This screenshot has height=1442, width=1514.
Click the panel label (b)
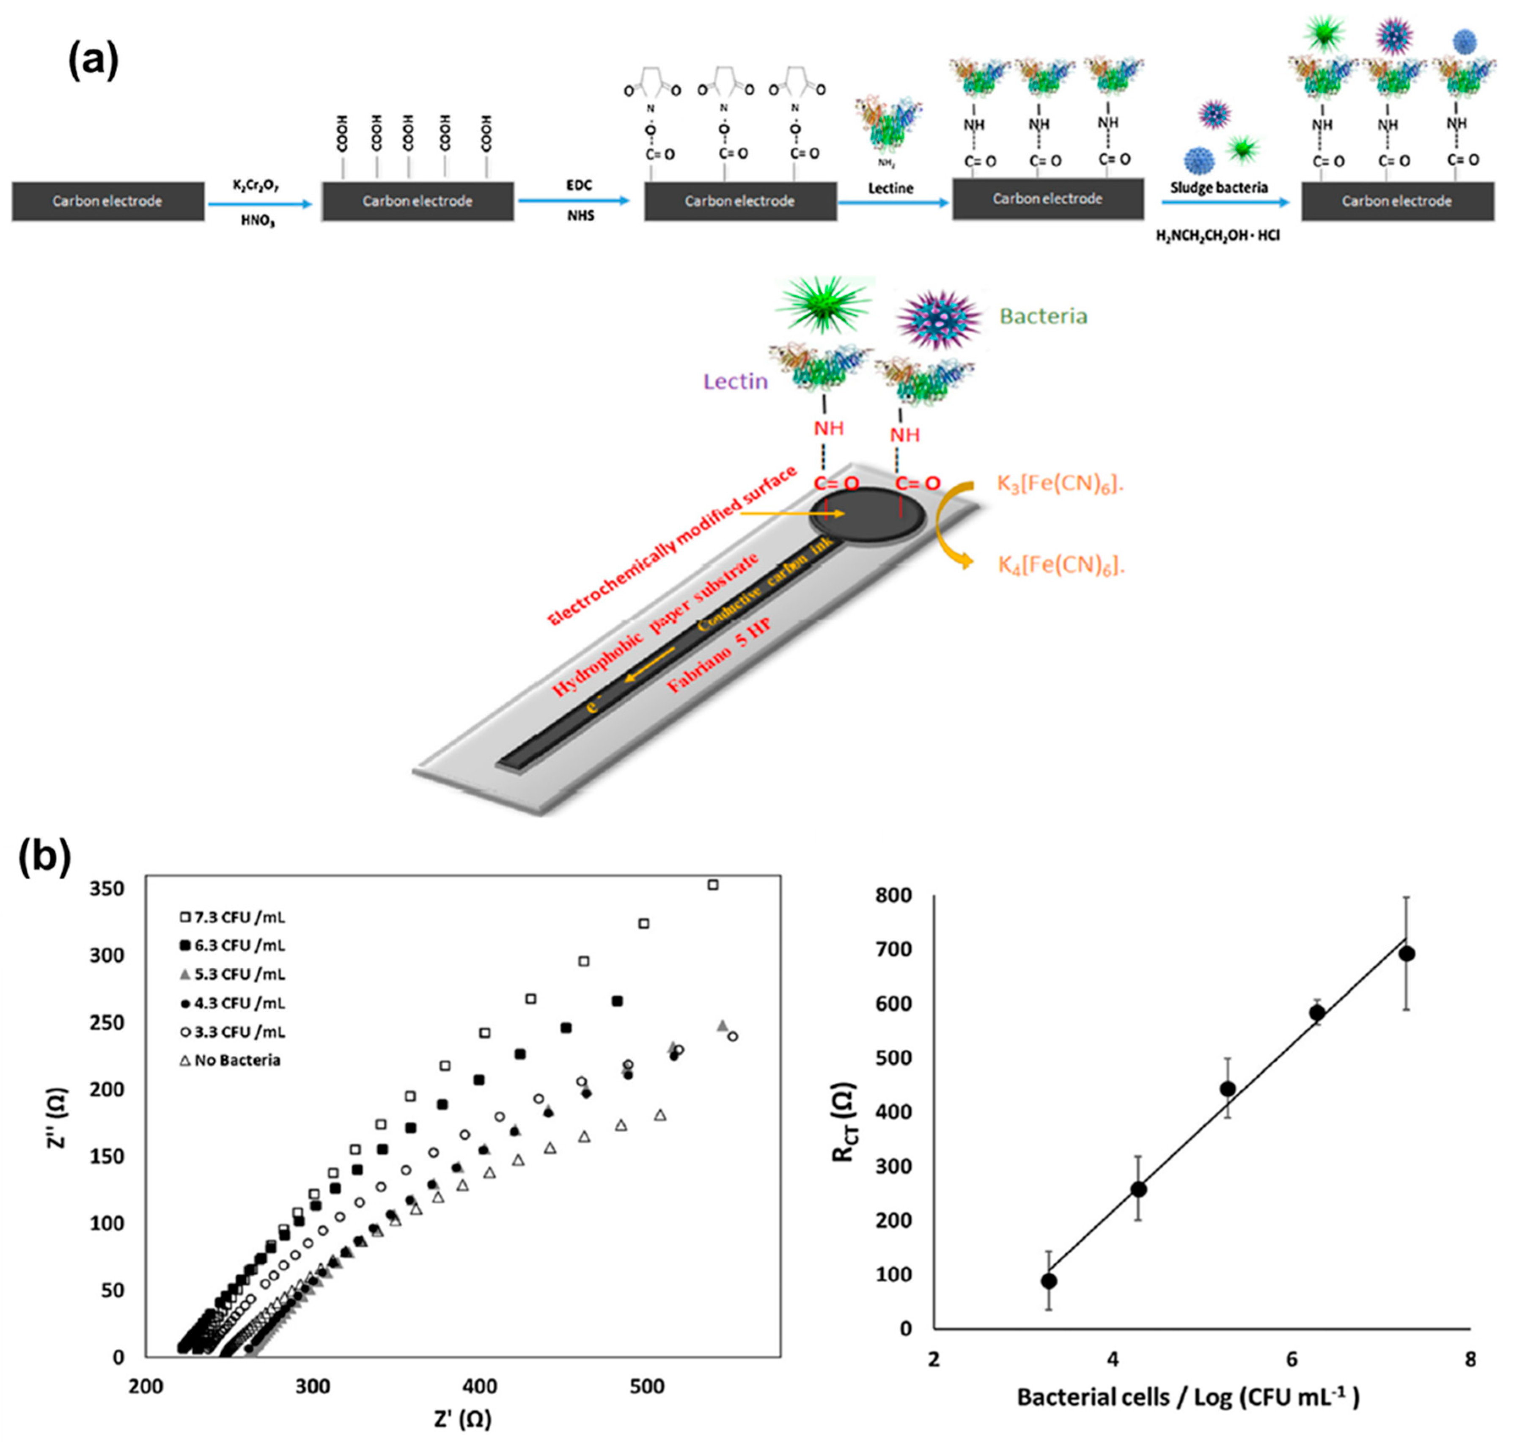click(x=44, y=858)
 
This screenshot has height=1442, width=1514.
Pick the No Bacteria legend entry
click(x=229, y=1061)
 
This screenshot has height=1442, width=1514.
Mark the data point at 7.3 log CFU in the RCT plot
click(x=1407, y=954)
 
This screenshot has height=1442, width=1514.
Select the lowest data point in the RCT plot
click(x=1048, y=1281)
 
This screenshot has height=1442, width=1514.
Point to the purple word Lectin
click(x=736, y=381)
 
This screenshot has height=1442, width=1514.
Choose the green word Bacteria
click(x=1043, y=316)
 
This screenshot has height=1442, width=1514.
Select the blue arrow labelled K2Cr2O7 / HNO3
click(x=260, y=204)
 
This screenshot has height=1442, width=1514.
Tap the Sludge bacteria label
click(x=1219, y=187)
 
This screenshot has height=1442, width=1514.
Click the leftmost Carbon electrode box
click(x=107, y=201)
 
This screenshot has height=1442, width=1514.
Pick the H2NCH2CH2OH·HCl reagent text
click(x=1218, y=235)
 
